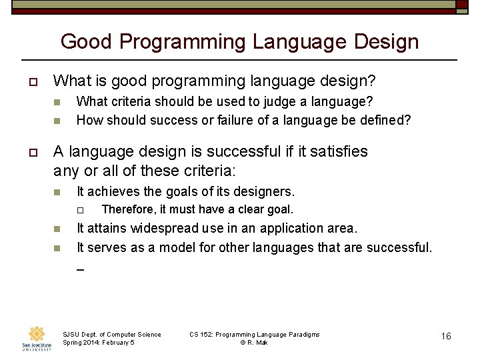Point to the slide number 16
(x=446, y=336)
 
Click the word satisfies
(x=335, y=151)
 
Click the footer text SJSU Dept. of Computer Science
(x=111, y=335)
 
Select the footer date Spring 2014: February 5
(x=98, y=343)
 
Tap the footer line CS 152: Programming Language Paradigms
(x=254, y=335)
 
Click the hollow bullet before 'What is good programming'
(x=32, y=82)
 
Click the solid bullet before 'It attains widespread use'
(x=57, y=229)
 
